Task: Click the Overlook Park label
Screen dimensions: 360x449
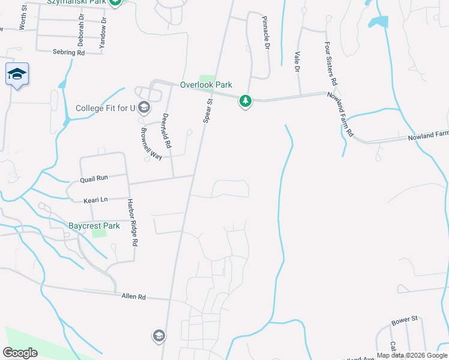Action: pos(206,85)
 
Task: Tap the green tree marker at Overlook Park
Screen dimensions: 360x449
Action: pos(245,101)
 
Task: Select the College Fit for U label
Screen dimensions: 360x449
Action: pos(104,109)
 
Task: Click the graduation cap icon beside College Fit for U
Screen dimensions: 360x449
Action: pos(143,108)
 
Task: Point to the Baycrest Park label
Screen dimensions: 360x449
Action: pos(94,226)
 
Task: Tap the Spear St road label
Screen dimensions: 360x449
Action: pos(208,112)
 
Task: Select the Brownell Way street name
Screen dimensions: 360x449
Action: pos(152,143)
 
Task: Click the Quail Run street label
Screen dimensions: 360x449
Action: pos(94,178)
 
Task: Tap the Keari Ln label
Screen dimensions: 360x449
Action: pos(95,199)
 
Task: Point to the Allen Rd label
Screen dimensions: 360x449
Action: pos(133,296)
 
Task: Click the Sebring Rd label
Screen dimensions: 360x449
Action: pos(69,53)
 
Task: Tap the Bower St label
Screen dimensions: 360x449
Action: pos(404,320)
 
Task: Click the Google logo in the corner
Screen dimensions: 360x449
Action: pos(20,353)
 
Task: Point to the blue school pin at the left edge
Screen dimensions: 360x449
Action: pos(17,75)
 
